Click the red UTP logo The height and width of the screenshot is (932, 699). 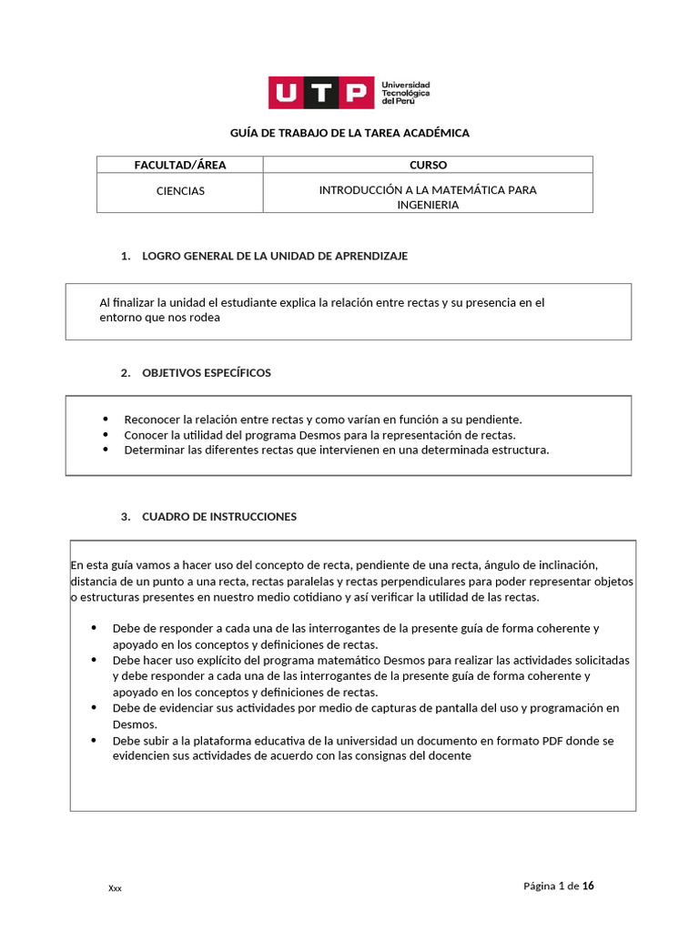coord(320,92)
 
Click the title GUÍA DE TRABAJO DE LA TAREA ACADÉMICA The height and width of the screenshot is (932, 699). coord(349,133)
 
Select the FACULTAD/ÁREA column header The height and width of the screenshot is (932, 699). coord(180,165)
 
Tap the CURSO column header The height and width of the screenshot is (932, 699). coord(428,165)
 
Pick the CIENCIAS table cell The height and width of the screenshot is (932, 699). coord(180,191)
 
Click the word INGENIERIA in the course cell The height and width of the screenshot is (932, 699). coord(428,205)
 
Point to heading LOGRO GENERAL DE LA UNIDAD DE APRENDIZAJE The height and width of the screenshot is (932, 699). coord(275,256)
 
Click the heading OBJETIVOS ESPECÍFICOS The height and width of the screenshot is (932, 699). coord(207,372)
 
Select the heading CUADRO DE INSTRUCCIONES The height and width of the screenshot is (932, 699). coord(219,516)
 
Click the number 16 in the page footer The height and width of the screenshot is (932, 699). coord(589,886)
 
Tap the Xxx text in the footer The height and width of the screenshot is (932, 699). coord(115,888)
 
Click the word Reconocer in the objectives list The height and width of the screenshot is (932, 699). coord(151,420)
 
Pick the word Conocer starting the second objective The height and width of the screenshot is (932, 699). coord(146,435)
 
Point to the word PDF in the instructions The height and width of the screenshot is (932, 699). coord(554,741)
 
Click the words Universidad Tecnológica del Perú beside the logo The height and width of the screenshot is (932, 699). coord(406,92)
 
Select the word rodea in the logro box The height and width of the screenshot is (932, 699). coord(205,318)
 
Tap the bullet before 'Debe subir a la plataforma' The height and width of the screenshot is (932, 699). coord(95,740)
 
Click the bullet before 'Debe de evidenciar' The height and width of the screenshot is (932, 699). coord(95,706)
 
